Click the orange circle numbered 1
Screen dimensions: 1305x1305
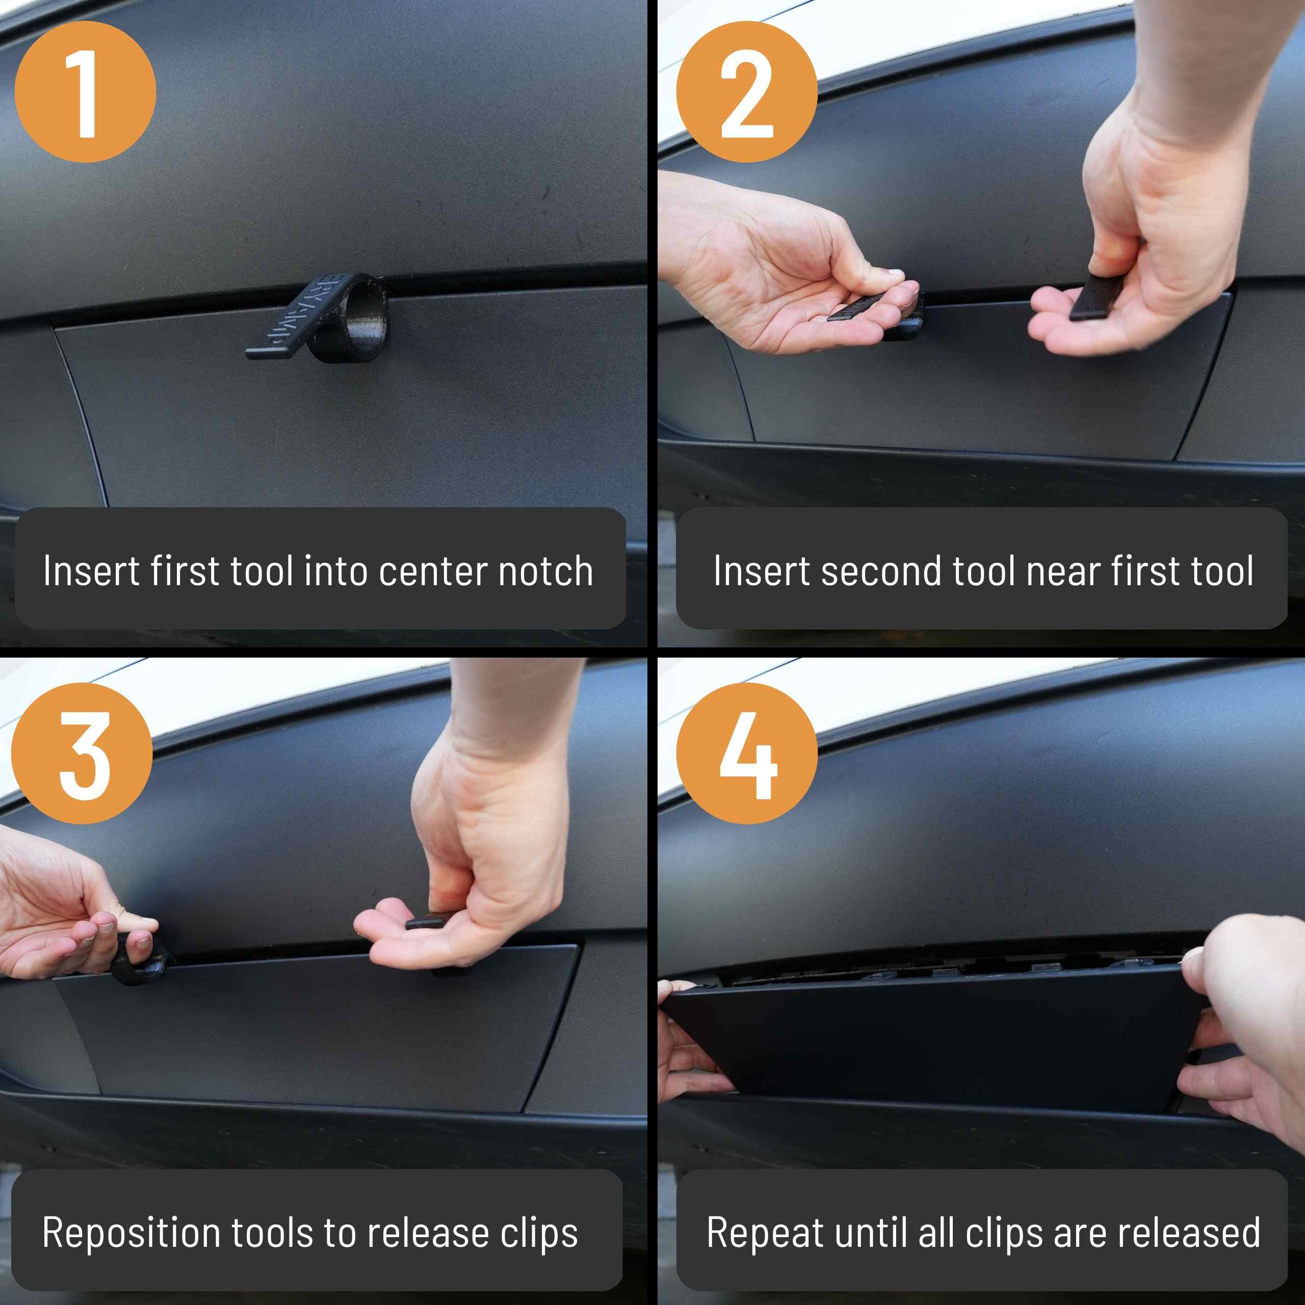pyautogui.click(x=85, y=91)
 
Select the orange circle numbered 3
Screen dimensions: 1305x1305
pyautogui.click(x=82, y=753)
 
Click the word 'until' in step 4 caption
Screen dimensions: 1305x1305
pyautogui.click(x=870, y=1233)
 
